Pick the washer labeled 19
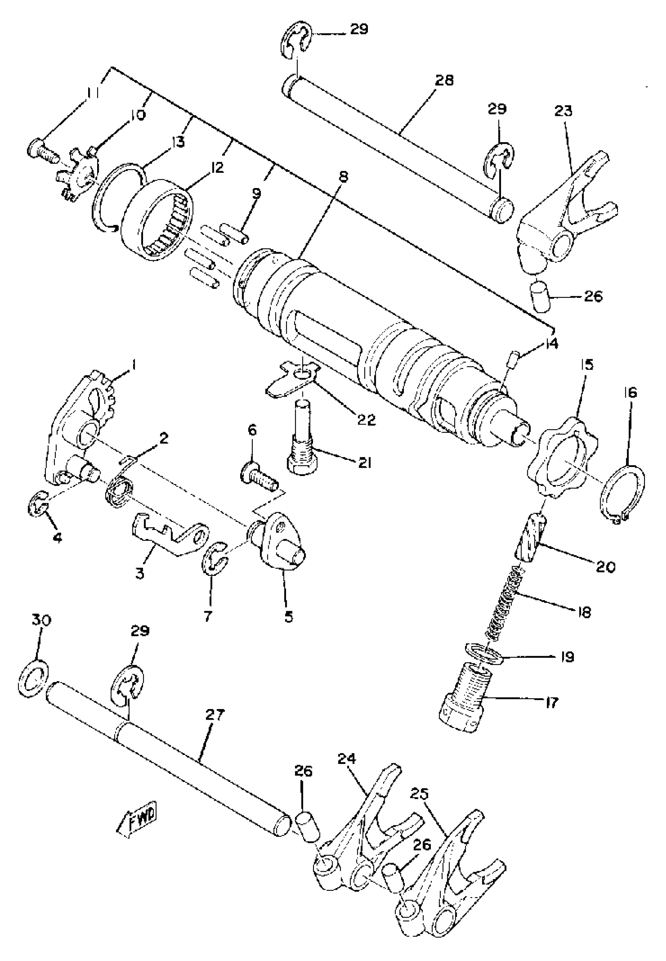tap(483, 655)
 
